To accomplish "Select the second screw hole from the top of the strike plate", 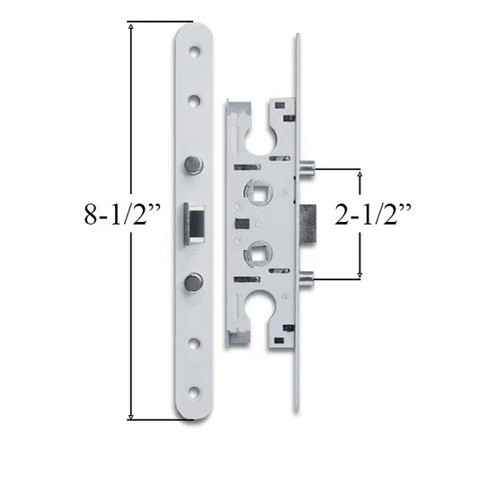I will point(193,99).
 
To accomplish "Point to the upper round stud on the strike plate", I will point(193,164).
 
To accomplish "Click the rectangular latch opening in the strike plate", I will point(194,223).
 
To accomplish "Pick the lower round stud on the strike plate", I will point(193,282).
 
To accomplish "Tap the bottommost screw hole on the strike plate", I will point(193,392).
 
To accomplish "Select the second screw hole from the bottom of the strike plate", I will point(193,342).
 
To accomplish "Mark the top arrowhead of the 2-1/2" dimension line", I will point(360,172).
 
